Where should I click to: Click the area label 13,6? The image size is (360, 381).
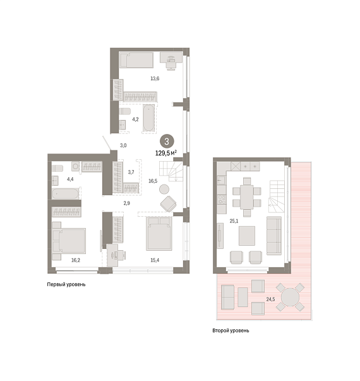click(x=155, y=78)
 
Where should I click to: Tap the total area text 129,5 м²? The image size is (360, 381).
click(x=166, y=153)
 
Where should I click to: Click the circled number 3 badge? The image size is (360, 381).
click(x=167, y=142)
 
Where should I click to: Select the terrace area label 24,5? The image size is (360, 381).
click(x=270, y=299)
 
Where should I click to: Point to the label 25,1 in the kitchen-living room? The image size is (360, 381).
click(x=234, y=221)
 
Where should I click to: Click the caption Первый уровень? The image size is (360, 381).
click(x=66, y=284)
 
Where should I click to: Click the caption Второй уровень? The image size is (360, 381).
click(x=231, y=330)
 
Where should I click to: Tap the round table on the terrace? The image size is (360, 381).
click(x=290, y=297)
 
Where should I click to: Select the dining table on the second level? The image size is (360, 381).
click(x=247, y=197)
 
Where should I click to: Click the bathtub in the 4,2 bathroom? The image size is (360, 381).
click(x=148, y=118)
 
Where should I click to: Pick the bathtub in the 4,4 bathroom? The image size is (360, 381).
click(x=65, y=193)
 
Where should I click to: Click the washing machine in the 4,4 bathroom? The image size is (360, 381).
click(x=76, y=166)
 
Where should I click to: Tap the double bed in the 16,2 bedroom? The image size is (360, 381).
click(x=69, y=241)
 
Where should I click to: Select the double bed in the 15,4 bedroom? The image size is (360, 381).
click(x=159, y=234)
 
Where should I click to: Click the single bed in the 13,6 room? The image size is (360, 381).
click(x=136, y=60)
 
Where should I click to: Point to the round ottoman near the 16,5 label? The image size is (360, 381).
click(x=164, y=190)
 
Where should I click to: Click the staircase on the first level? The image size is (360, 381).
click(x=171, y=171)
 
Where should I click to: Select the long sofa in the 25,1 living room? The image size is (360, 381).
click(x=274, y=236)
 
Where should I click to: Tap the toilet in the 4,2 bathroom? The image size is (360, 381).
click(x=124, y=111)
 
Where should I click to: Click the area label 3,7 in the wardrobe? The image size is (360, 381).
click(x=131, y=172)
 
